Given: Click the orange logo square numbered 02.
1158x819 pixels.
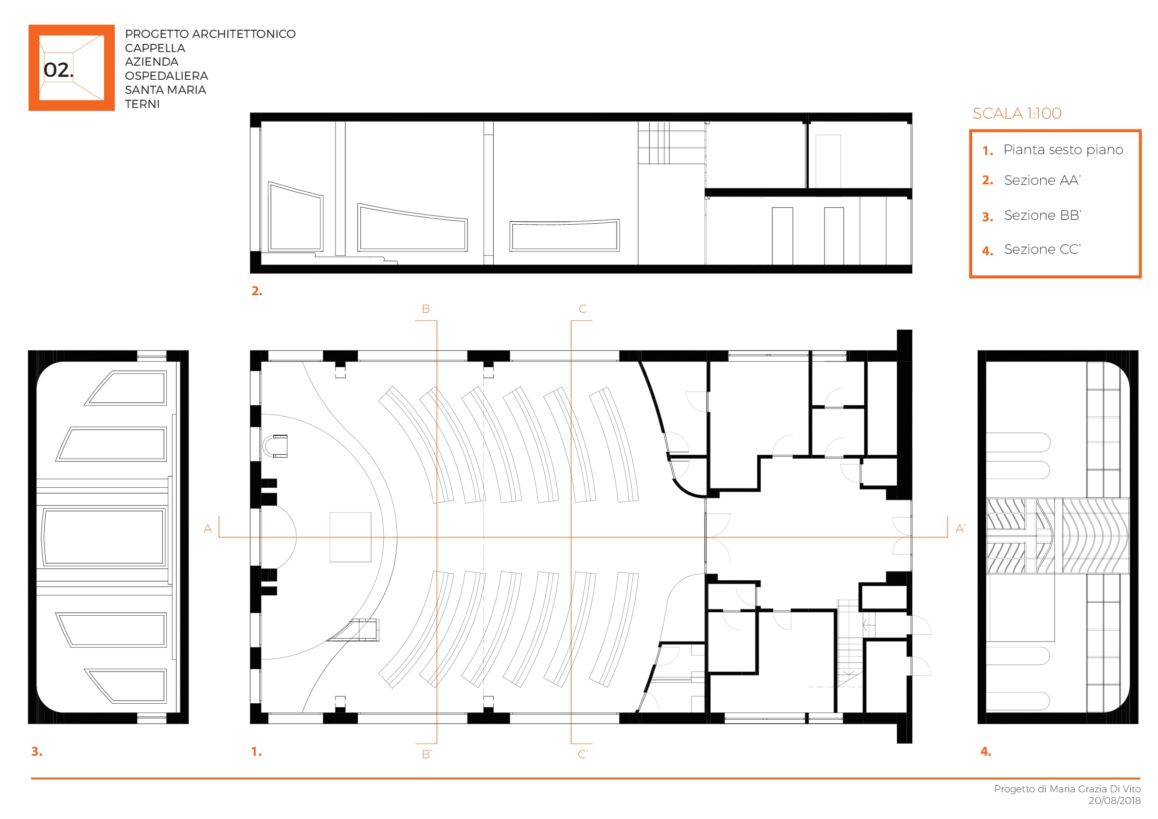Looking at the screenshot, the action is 71,68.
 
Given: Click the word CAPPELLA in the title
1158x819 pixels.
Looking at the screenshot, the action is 155,48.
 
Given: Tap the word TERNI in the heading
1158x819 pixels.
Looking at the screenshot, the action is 142,104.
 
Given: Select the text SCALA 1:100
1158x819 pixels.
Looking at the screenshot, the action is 1017,113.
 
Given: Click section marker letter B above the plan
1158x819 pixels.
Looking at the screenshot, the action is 426,309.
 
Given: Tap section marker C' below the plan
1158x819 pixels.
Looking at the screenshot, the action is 583,754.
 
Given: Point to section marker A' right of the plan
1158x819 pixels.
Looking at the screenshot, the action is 960,529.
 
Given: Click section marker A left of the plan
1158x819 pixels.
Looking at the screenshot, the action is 208,529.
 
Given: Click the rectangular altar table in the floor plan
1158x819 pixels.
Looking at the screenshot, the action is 350,536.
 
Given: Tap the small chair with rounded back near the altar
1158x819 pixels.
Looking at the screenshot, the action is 275,446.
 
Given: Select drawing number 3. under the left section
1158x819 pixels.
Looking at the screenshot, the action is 37,751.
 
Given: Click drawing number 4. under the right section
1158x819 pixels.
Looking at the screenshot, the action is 985,751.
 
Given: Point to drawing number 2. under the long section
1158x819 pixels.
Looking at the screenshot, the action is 257,290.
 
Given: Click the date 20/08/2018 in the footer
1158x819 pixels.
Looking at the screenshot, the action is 1114,801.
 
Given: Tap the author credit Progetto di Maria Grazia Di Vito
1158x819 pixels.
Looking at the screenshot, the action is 1067,789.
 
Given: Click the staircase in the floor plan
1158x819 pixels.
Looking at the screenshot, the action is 848,643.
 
